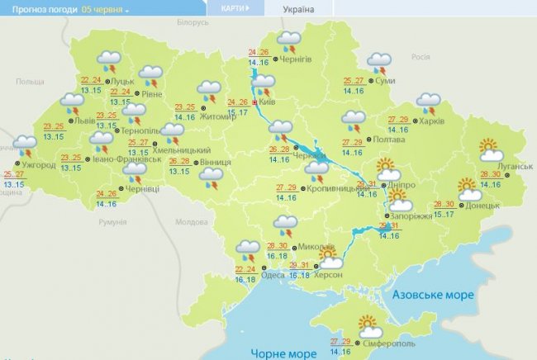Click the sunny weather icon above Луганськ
pos(492,149)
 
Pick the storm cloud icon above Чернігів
pos(289,41)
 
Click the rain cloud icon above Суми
pos(378,63)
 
